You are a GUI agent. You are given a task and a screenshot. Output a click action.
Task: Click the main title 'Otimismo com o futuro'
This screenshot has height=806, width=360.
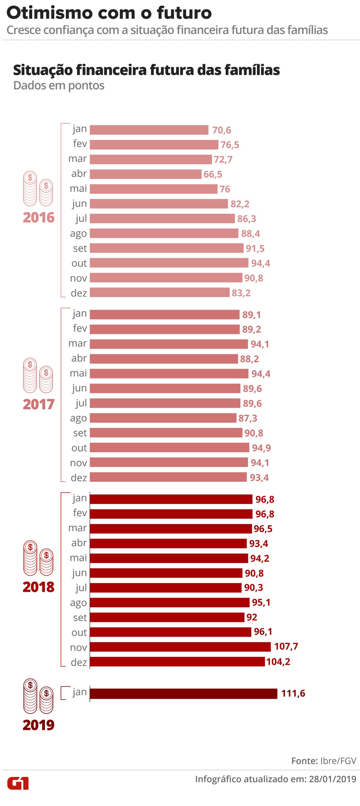109,13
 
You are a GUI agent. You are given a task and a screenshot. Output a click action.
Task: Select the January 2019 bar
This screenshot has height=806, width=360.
183,693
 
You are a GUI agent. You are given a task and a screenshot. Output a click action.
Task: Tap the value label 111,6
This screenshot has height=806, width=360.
293,693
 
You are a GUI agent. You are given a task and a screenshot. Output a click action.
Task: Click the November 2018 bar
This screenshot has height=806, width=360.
180,647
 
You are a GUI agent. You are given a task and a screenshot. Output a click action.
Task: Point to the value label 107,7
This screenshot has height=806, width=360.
286,647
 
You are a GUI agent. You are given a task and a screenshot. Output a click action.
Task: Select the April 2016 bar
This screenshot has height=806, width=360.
145,174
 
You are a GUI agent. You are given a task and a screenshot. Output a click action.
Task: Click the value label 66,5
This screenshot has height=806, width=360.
213,175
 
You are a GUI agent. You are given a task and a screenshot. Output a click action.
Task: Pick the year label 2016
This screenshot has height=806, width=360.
39,217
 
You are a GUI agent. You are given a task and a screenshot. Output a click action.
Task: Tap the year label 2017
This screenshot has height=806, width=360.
39,404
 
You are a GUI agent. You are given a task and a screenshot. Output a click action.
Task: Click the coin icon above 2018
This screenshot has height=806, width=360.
38,558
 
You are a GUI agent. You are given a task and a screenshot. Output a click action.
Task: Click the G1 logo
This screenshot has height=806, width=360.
18,783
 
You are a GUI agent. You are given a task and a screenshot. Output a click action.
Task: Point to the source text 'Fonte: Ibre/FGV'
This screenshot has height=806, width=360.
324,761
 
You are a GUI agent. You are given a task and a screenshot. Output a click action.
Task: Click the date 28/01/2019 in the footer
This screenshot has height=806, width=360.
332,779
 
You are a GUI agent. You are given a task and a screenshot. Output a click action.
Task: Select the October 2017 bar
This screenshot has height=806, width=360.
169,447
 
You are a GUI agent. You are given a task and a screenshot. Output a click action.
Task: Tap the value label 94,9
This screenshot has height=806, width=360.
261,448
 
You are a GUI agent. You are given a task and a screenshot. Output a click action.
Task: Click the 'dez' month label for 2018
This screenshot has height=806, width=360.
79,662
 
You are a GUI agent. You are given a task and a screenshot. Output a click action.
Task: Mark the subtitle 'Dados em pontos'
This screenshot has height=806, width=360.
59,86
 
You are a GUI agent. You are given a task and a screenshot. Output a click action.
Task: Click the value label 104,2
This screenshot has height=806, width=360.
278,662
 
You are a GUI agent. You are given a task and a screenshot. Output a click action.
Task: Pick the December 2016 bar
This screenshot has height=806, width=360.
159,293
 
